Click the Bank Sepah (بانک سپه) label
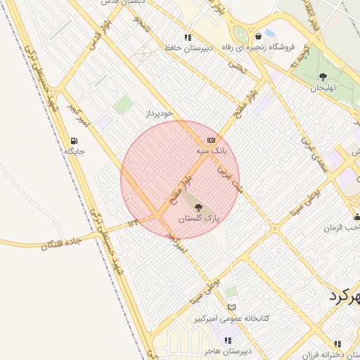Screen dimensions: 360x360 [x=212, y=151]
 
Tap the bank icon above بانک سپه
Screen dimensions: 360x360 [x=212, y=141]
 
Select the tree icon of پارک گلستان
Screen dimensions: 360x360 [x=199, y=207]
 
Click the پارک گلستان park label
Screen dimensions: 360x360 [x=199, y=219]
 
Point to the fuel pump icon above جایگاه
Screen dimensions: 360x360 [x=75, y=141]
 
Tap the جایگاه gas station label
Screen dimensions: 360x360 [x=75, y=151]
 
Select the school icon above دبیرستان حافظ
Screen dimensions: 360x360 [x=188, y=37]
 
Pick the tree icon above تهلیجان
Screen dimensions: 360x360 [x=323, y=77]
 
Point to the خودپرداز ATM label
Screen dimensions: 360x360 [x=158, y=112]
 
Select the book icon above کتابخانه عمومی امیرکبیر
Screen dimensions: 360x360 [x=231, y=307]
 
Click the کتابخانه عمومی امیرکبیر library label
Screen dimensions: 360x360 [x=231, y=319]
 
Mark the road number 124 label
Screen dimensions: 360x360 [x=134, y=223]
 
